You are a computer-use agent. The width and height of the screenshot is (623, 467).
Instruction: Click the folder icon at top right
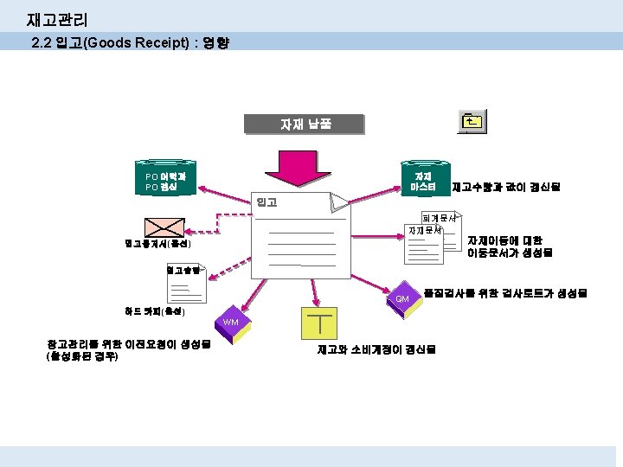(471, 121)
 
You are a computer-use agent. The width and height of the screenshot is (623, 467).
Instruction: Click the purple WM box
(230, 322)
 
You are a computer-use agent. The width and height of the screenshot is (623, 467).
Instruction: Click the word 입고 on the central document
(267, 202)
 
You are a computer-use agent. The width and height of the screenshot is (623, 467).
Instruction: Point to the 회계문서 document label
(438, 218)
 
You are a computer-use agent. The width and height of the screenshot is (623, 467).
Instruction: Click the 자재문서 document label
(424, 230)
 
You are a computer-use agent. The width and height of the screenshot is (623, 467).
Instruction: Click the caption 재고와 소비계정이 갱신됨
(376, 349)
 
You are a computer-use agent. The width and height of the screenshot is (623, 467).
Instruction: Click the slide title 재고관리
(57, 18)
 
